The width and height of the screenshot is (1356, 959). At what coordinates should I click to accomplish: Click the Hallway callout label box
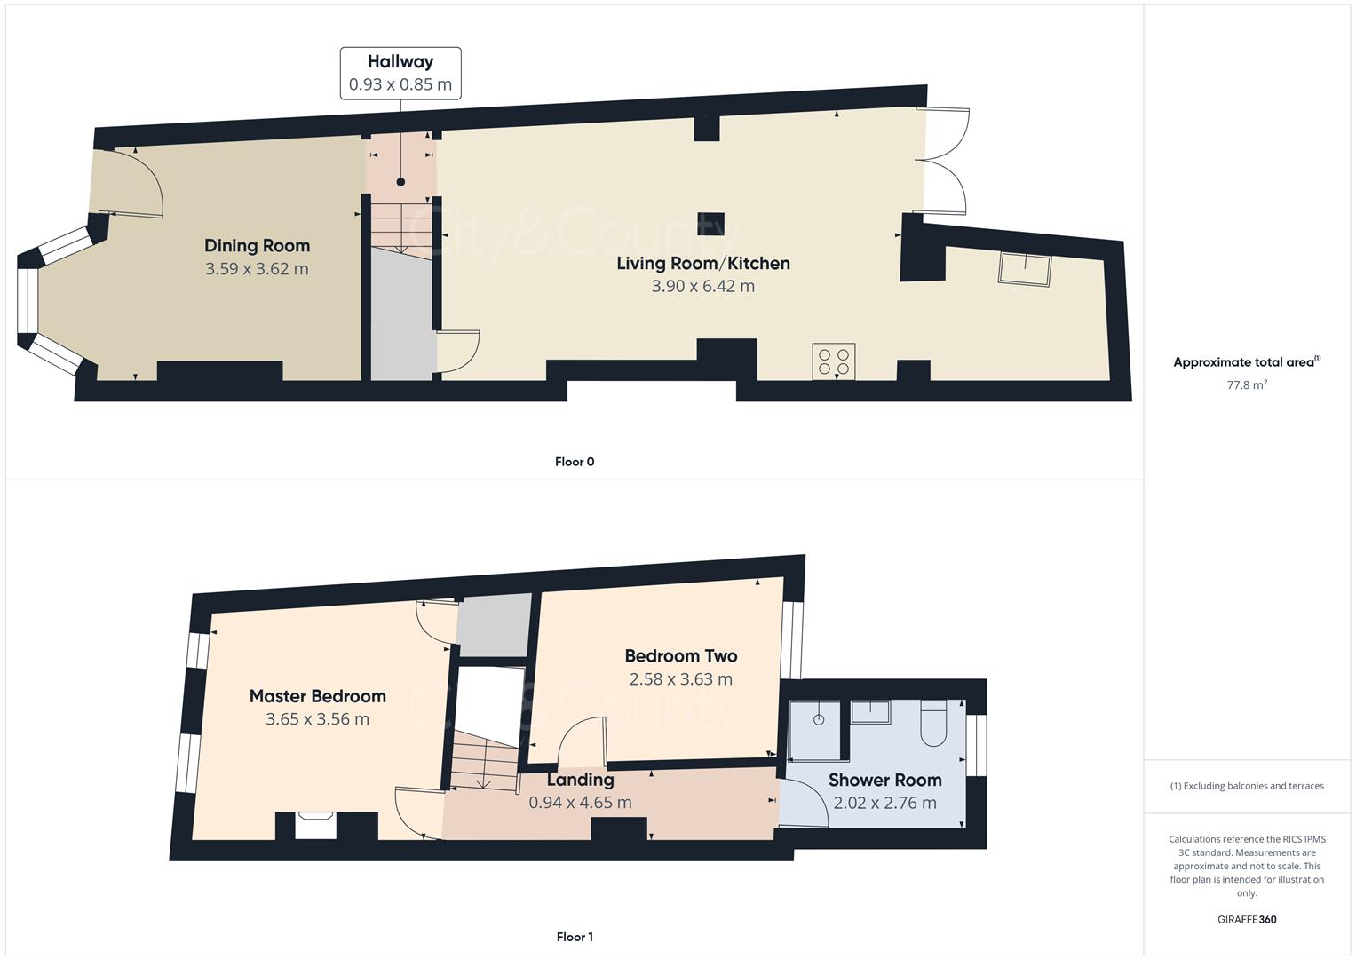pyautogui.click(x=400, y=73)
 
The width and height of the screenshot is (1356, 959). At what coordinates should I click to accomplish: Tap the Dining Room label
pyautogui.click(x=257, y=246)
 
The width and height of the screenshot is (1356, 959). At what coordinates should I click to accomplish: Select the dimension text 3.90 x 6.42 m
pyautogui.click(x=702, y=286)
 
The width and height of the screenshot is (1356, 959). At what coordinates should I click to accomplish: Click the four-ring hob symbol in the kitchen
pyautogui.click(x=834, y=361)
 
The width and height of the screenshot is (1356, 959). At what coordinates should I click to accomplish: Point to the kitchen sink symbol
pyautogui.click(x=1025, y=268)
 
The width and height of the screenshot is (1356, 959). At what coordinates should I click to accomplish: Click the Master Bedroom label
pyautogui.click(x=317, y=696)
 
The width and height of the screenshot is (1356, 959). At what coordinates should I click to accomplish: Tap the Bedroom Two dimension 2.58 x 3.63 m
pyautogui.click(x=680, y=679)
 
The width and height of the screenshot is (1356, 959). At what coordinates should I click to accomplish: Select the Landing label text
pyautogui.click(x=580, y=780)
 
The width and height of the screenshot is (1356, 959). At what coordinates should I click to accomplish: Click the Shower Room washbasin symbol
pyautogui.click(x=870, y=711)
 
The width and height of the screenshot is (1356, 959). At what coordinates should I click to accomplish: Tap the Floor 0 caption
pyautogui.click(x=575, y=462)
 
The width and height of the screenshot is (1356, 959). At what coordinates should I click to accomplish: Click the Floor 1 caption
pyautogui.click(x=575, y=937)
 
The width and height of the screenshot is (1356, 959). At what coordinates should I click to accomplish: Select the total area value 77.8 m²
pyautogui.click(x=1247, y=385)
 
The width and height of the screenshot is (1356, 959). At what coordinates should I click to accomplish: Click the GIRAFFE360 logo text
pyautogui.click(x=1247, y=920)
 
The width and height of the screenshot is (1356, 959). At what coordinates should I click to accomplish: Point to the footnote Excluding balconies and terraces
pyautogui.click(x=1247, y=786)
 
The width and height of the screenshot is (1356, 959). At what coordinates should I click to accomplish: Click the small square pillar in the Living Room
pyautogui.click(x=710, y=225)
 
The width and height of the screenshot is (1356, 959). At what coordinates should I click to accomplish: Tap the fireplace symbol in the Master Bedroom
pyautogui.click(x=315, y=824)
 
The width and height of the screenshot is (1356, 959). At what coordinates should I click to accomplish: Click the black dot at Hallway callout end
pyautogui.click(x=400, y=182)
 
